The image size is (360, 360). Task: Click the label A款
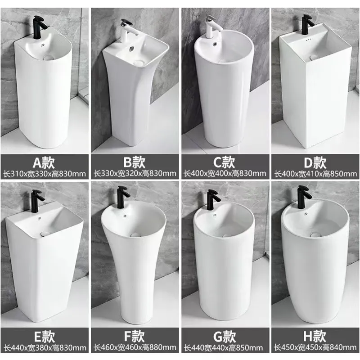click(x=45, y=161)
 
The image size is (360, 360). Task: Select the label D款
click(x=315, y=161)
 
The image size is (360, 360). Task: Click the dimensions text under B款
click(x=135, y=173)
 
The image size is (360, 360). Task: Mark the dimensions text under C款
click(x=225, y=173)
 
